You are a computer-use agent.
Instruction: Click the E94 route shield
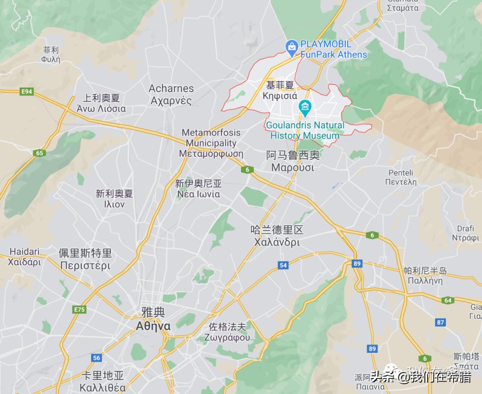coord(27,92)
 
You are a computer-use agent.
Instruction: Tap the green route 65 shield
coord(40,153)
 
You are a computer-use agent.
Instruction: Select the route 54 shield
coord(283,265)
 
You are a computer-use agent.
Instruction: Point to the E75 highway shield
coord(80,310)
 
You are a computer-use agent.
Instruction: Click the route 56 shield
coord(97,358)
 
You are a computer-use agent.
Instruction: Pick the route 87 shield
coord(441,322)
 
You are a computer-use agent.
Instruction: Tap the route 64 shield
coord(448,300)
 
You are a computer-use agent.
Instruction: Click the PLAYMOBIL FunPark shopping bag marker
coord(291,46)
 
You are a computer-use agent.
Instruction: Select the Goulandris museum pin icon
coord(305,107)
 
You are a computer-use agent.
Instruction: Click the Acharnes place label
coord(171,88)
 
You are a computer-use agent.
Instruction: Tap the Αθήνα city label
coord(153,326)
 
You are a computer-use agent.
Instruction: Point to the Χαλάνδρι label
coord(277,243)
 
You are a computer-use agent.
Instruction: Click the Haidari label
coord(25,251)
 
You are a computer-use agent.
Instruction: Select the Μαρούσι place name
coord(293,168)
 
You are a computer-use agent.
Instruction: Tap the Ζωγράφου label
coord(227,337)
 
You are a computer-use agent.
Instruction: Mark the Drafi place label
coord(465,229)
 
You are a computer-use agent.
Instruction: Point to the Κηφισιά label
coord(280,96)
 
